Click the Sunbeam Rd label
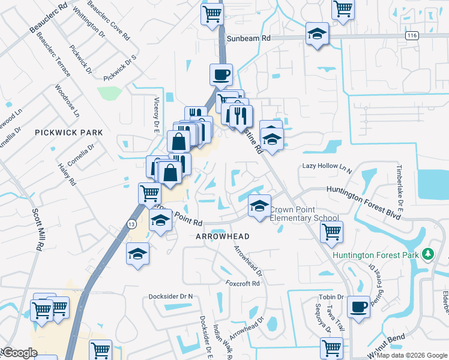click(249, 37)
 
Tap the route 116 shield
click(411, 37)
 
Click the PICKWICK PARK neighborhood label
click(68, 132)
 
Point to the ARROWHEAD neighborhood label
click(223, 236)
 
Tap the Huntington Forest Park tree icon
click(427, 254)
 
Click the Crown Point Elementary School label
click(304, 214)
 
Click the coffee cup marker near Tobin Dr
click(359, 306)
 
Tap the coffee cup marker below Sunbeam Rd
click(221, 74)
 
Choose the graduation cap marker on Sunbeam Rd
click(317, 34)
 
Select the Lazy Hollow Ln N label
click(327, 167)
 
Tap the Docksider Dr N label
click(170, 296)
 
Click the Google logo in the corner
click(19, 353)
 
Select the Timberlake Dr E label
click(398, 185)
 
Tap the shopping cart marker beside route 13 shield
click(149, 193)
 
